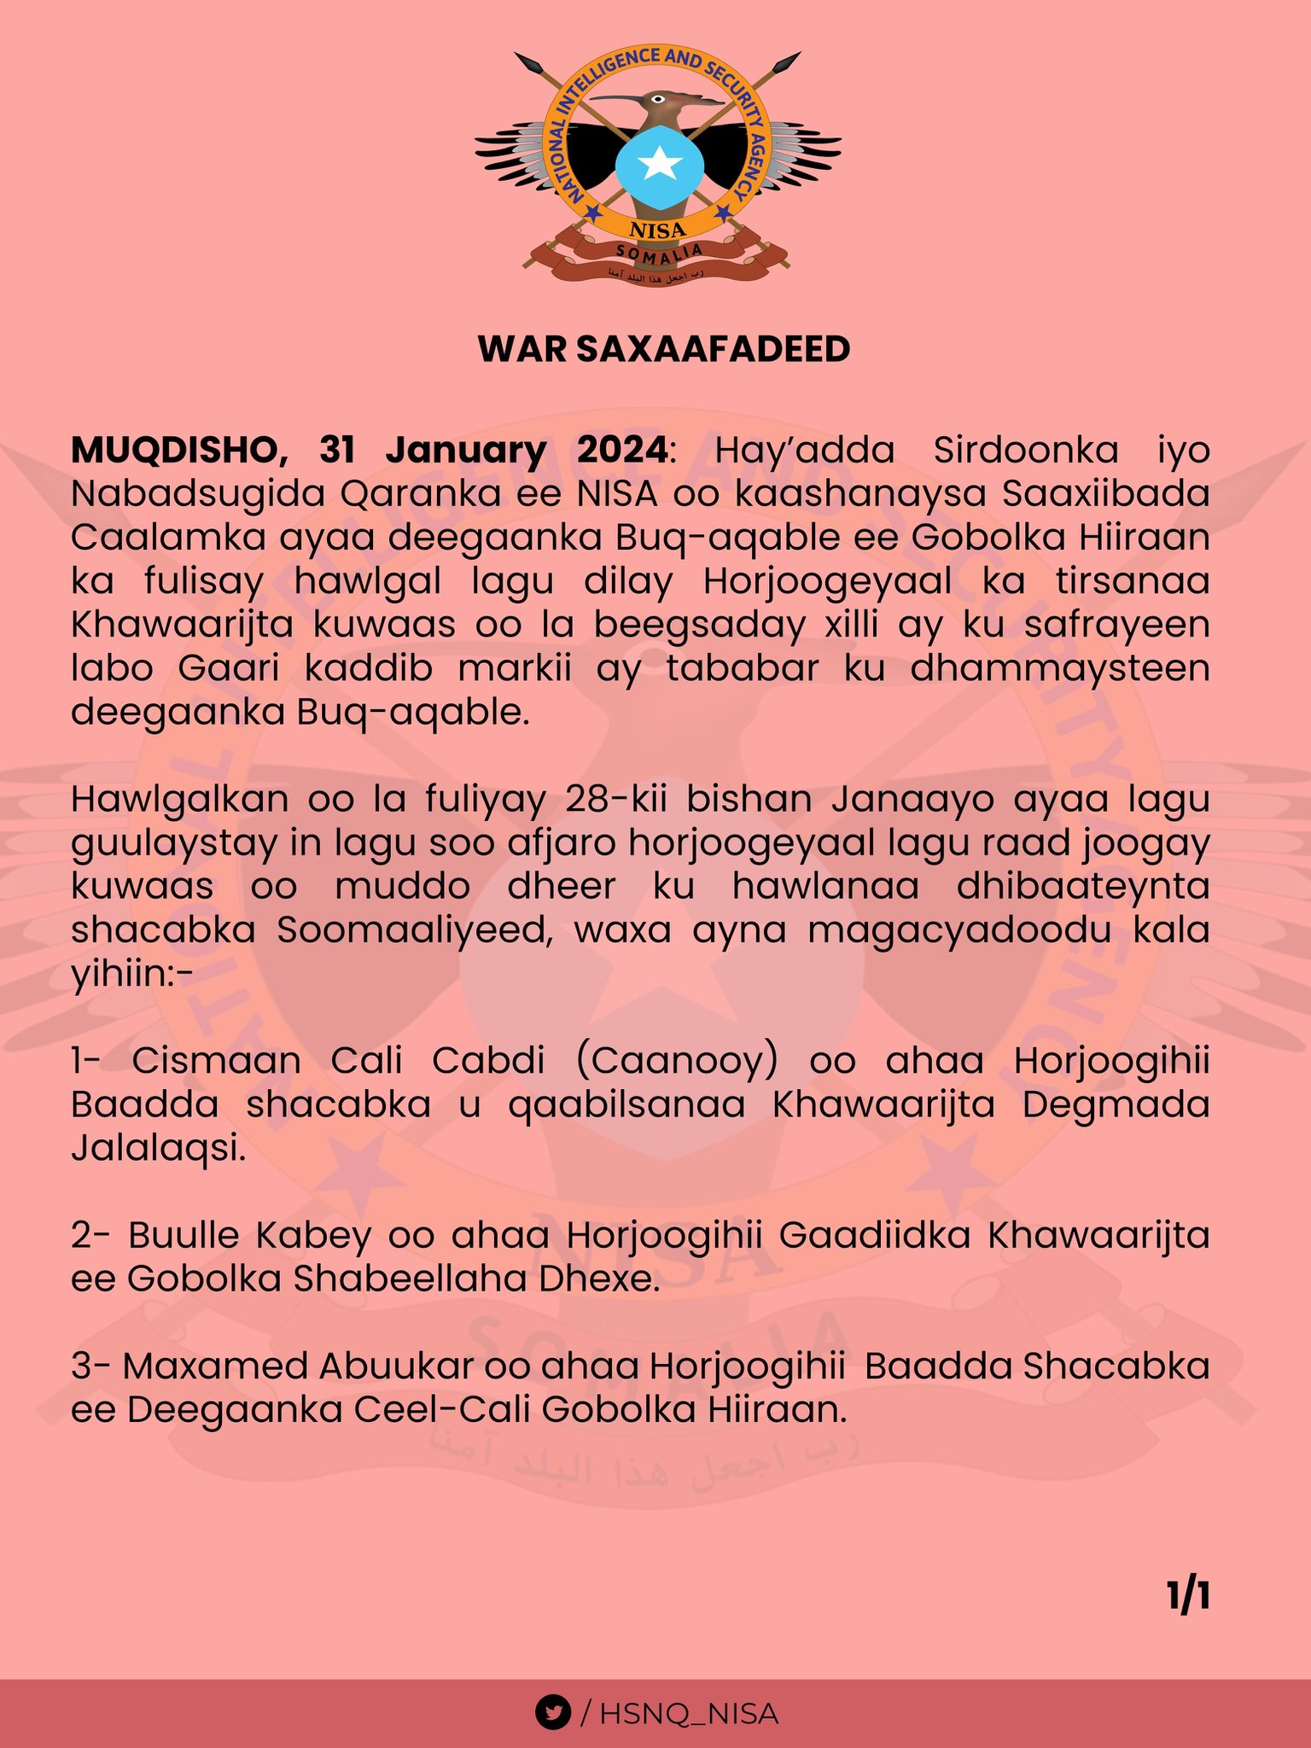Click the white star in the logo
tap(659, 163)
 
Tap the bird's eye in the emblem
tap(657, 98)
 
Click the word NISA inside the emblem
tap(657, 230)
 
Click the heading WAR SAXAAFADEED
tap(664, 349)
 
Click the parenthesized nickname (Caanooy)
tap(676, 1061)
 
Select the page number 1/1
tap(1188, 1597)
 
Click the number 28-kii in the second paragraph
tap(608, 800)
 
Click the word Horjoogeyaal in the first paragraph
tap(827, 581)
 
